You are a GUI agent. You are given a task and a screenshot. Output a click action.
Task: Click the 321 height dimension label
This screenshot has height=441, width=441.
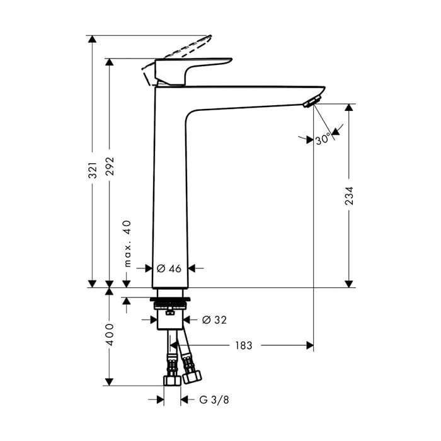(93, 170)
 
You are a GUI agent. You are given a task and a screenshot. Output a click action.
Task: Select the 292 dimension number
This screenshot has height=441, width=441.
(110, 166)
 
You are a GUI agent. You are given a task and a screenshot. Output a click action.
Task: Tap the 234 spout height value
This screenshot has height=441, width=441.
(349, 195)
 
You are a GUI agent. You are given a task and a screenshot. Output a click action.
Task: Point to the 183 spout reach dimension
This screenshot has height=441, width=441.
(244, 345)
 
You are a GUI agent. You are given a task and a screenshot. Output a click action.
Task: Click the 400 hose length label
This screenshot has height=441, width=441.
(110, 335)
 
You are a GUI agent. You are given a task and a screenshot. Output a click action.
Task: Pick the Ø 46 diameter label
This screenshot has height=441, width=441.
(169, 268)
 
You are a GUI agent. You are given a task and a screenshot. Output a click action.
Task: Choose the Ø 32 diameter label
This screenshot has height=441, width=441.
(214, 320)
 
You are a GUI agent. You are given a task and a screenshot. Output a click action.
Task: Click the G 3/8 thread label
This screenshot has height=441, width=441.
(214, 399)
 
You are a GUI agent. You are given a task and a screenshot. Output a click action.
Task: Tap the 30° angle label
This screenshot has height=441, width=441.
(323, 139)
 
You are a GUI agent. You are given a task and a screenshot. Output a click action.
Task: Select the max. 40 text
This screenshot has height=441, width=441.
(127, 244)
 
